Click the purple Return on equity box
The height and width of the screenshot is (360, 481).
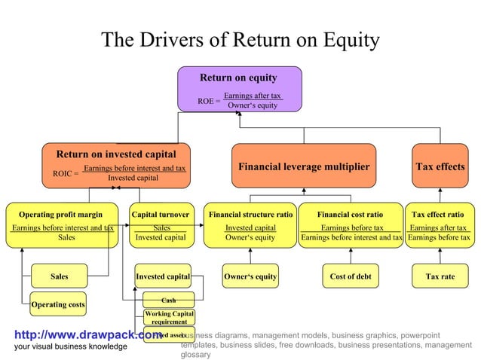click(239, 89)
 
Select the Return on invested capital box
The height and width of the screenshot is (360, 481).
click(116, 165)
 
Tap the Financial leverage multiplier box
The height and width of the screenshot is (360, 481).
click(304, 166)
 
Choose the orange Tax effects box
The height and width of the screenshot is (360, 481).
click(440, 166)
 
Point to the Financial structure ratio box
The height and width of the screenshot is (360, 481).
click(250, 224)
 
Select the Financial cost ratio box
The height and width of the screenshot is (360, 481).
click(351, 224)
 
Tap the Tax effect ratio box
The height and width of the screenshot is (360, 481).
click(439, 224)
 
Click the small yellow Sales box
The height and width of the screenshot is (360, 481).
click(59, 276)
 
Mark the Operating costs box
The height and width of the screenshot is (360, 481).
click(58, 304)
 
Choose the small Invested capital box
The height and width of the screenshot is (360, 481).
click(162, 276)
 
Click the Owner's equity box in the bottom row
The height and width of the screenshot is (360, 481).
click(250, 276)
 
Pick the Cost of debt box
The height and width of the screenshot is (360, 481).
click(351, 276)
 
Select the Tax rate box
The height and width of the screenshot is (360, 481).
click(440, 276)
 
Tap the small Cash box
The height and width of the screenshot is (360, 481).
click(169, 300)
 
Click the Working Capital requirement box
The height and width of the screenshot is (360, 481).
click(169, 317)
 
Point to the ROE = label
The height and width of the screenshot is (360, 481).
click(209, 101)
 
